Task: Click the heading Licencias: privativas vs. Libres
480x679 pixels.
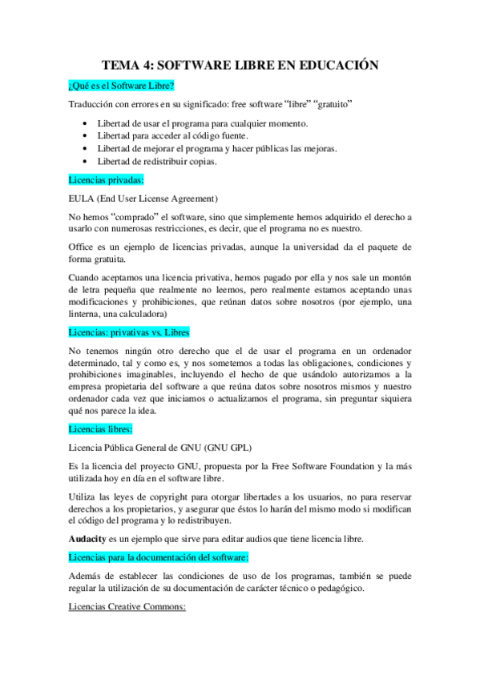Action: tap(130, 331)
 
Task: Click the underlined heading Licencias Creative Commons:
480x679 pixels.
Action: tap(127, 607)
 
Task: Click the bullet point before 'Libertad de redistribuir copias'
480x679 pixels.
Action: tap(86, 161)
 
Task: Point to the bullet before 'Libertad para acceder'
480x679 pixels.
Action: tap(86, 136)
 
